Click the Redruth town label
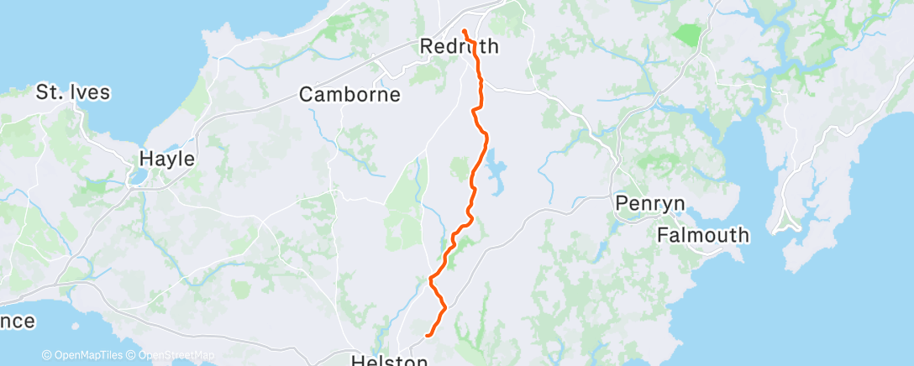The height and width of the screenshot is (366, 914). coord(459,47)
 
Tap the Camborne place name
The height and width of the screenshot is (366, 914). coord(349,95)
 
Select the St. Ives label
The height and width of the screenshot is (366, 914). coord(73,92)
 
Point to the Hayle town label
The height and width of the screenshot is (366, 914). coord(166,159)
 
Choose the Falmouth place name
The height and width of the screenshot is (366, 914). coord(702,235)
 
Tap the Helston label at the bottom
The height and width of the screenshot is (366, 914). coord(389,360)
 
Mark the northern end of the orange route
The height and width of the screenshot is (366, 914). coord(464,32)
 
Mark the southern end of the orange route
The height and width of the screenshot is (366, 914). coord(428,335)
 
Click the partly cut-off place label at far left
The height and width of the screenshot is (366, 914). coord(17,321)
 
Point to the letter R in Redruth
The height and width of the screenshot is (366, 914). coord(427,47)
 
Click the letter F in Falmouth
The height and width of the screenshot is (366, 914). coord(663,235)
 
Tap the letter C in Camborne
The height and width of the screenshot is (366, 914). coord(307,95)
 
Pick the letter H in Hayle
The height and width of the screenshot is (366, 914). coord(144,159)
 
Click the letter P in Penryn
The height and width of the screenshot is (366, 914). coord(621,203)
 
